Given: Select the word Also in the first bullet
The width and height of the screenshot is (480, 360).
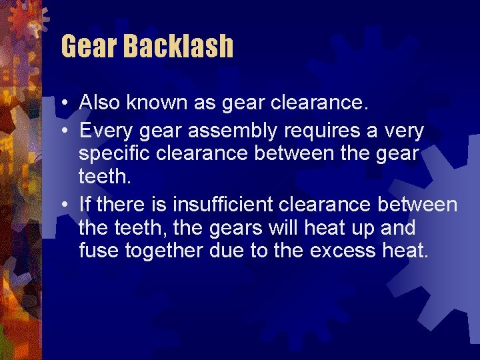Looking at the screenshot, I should [x=99, y=103].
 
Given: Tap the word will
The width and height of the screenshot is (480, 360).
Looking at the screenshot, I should [x=282, y=228].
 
